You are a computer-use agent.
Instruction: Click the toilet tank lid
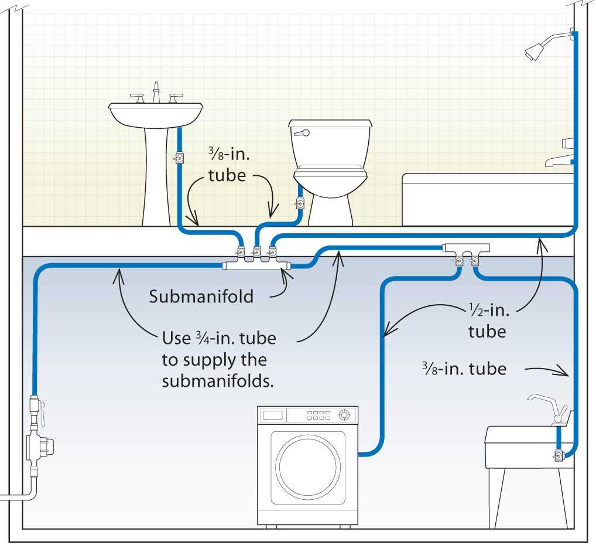pyautogui.click(x=330, y=124)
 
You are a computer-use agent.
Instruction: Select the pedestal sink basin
pyautogui.click(x=156, y=114)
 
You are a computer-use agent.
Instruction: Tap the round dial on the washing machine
pyautogui.click(x=345, y=416)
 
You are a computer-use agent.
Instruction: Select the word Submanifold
pyautogui.click(x=201, y=297)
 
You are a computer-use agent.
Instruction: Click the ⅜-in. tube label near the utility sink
pyautogui.click(x=464, y=369)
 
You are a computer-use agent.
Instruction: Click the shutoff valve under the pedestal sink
pyautogui.click(x=179, y=158)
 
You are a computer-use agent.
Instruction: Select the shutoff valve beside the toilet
pyautogui.click(x=300, y=203)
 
